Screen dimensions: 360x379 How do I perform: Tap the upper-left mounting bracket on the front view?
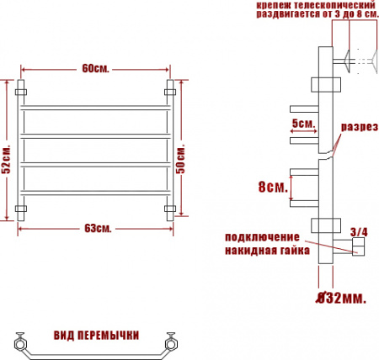click(x=24, y=87)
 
